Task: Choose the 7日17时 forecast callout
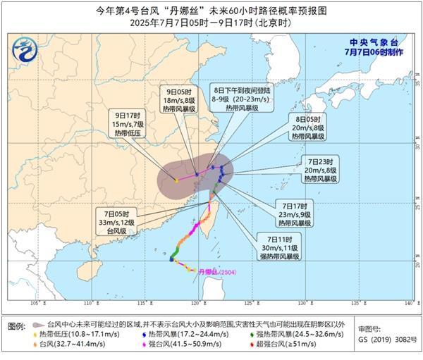point(293,213)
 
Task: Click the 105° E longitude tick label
point(37,303)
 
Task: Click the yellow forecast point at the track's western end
point(176,180)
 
